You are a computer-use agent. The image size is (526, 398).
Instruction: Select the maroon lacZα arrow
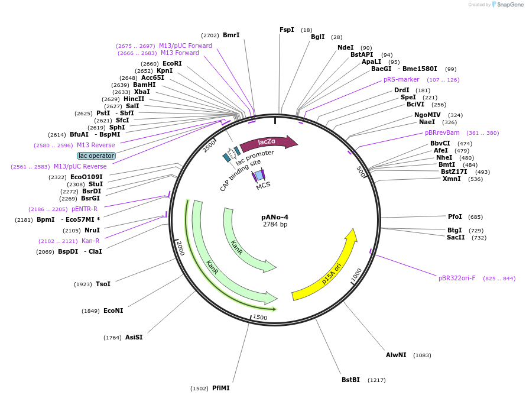(x=268, y=143)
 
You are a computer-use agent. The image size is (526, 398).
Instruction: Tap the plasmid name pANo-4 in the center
(x=275, y=217)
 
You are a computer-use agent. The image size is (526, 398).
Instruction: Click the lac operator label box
(x=96, y=156)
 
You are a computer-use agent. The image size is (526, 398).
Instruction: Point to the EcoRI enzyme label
(x=172, y=63)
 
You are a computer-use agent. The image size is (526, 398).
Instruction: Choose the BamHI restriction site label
(x=144, y=85)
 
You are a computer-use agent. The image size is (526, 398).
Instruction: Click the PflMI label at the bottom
(x=220, y=388)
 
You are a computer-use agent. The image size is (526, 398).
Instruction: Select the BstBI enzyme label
(x=350, y=380)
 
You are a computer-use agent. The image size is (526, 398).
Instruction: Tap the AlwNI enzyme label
(x=396, y=355)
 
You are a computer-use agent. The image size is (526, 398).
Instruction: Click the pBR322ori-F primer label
(x=457, y=278)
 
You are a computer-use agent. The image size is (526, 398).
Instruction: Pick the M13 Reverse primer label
(x=96, y=145)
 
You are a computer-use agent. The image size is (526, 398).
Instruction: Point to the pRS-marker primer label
(x=401, y=79)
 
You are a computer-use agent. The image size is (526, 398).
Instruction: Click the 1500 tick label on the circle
(x=260, y=318)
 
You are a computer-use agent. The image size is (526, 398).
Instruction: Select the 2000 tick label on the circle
(x=180, y=248)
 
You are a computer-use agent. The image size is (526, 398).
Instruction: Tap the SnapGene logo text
(x=510, y=5)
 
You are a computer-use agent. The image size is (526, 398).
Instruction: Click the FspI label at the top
(x=287, y=30)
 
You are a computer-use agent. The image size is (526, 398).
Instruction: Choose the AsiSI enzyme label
(x=134, y=337)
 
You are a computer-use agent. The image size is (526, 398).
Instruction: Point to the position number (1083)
(x=422, y=355)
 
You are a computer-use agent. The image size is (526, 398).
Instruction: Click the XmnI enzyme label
(x=452, y=179)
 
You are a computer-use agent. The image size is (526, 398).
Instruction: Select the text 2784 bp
(x=275, y=225)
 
